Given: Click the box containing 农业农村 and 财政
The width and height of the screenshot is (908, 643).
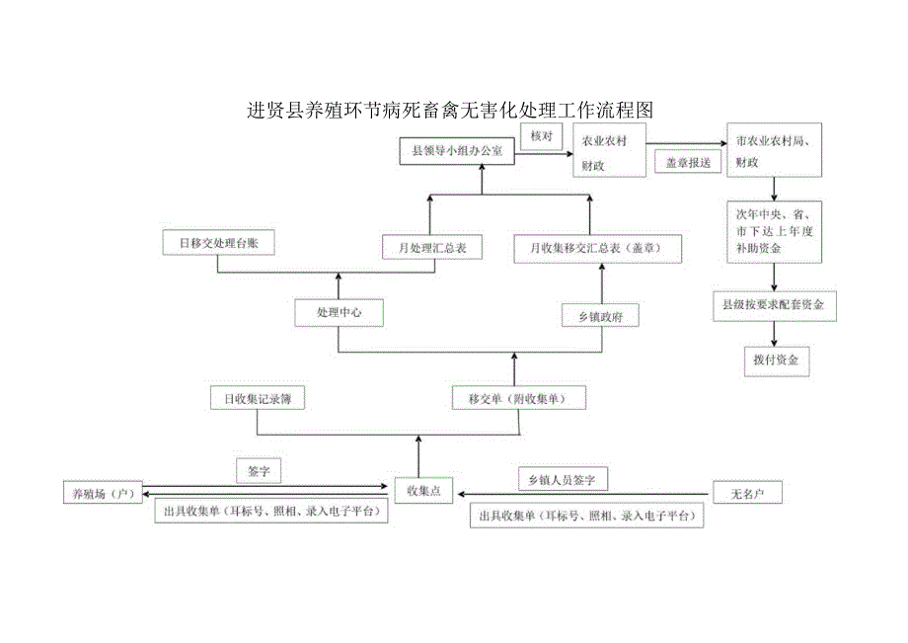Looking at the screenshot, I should [609, 152].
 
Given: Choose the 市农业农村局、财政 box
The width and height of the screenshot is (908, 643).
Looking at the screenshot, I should [774, 151].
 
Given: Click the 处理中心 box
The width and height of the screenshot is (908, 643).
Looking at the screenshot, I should [339, 313].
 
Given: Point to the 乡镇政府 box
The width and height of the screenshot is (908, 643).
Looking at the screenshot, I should [600, 316].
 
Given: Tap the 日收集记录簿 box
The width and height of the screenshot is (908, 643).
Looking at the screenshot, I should [257, 399].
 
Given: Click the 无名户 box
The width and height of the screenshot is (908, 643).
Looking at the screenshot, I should [747, 491].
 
